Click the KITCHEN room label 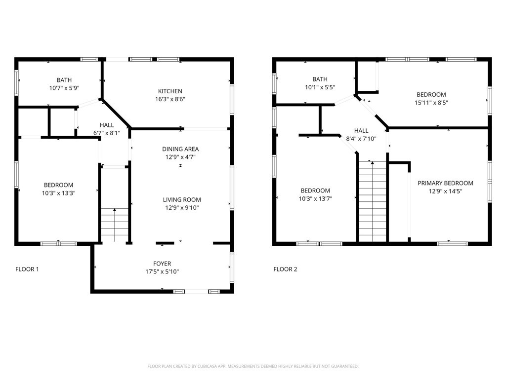click(x=170, y=91)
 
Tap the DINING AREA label click(x=180, y=149)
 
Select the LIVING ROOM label click(x=182, y=200)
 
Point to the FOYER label click(x=162, y=264)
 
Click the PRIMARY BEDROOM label click(x=445, y=183)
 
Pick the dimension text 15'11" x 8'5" click(x=431, y=103)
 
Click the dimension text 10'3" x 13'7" click(x=315, y=199)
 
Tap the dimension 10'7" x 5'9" click(x=64, y=88)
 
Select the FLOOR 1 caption click(x=27, y=269)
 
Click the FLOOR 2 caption click(x=286, y=269)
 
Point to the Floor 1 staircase click(x=115, y=225)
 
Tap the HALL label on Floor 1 click(x=107, y=125)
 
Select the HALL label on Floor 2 click(x=362, y=131)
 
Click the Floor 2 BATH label click(x=320, y=79)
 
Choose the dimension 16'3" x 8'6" click(x=170, y=99)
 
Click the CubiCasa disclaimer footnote click(x=253, y=366)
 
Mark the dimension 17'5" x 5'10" click(x=162, y=272)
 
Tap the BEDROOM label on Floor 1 click(x=58, y=185)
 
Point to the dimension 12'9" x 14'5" click(x=445, y=191)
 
